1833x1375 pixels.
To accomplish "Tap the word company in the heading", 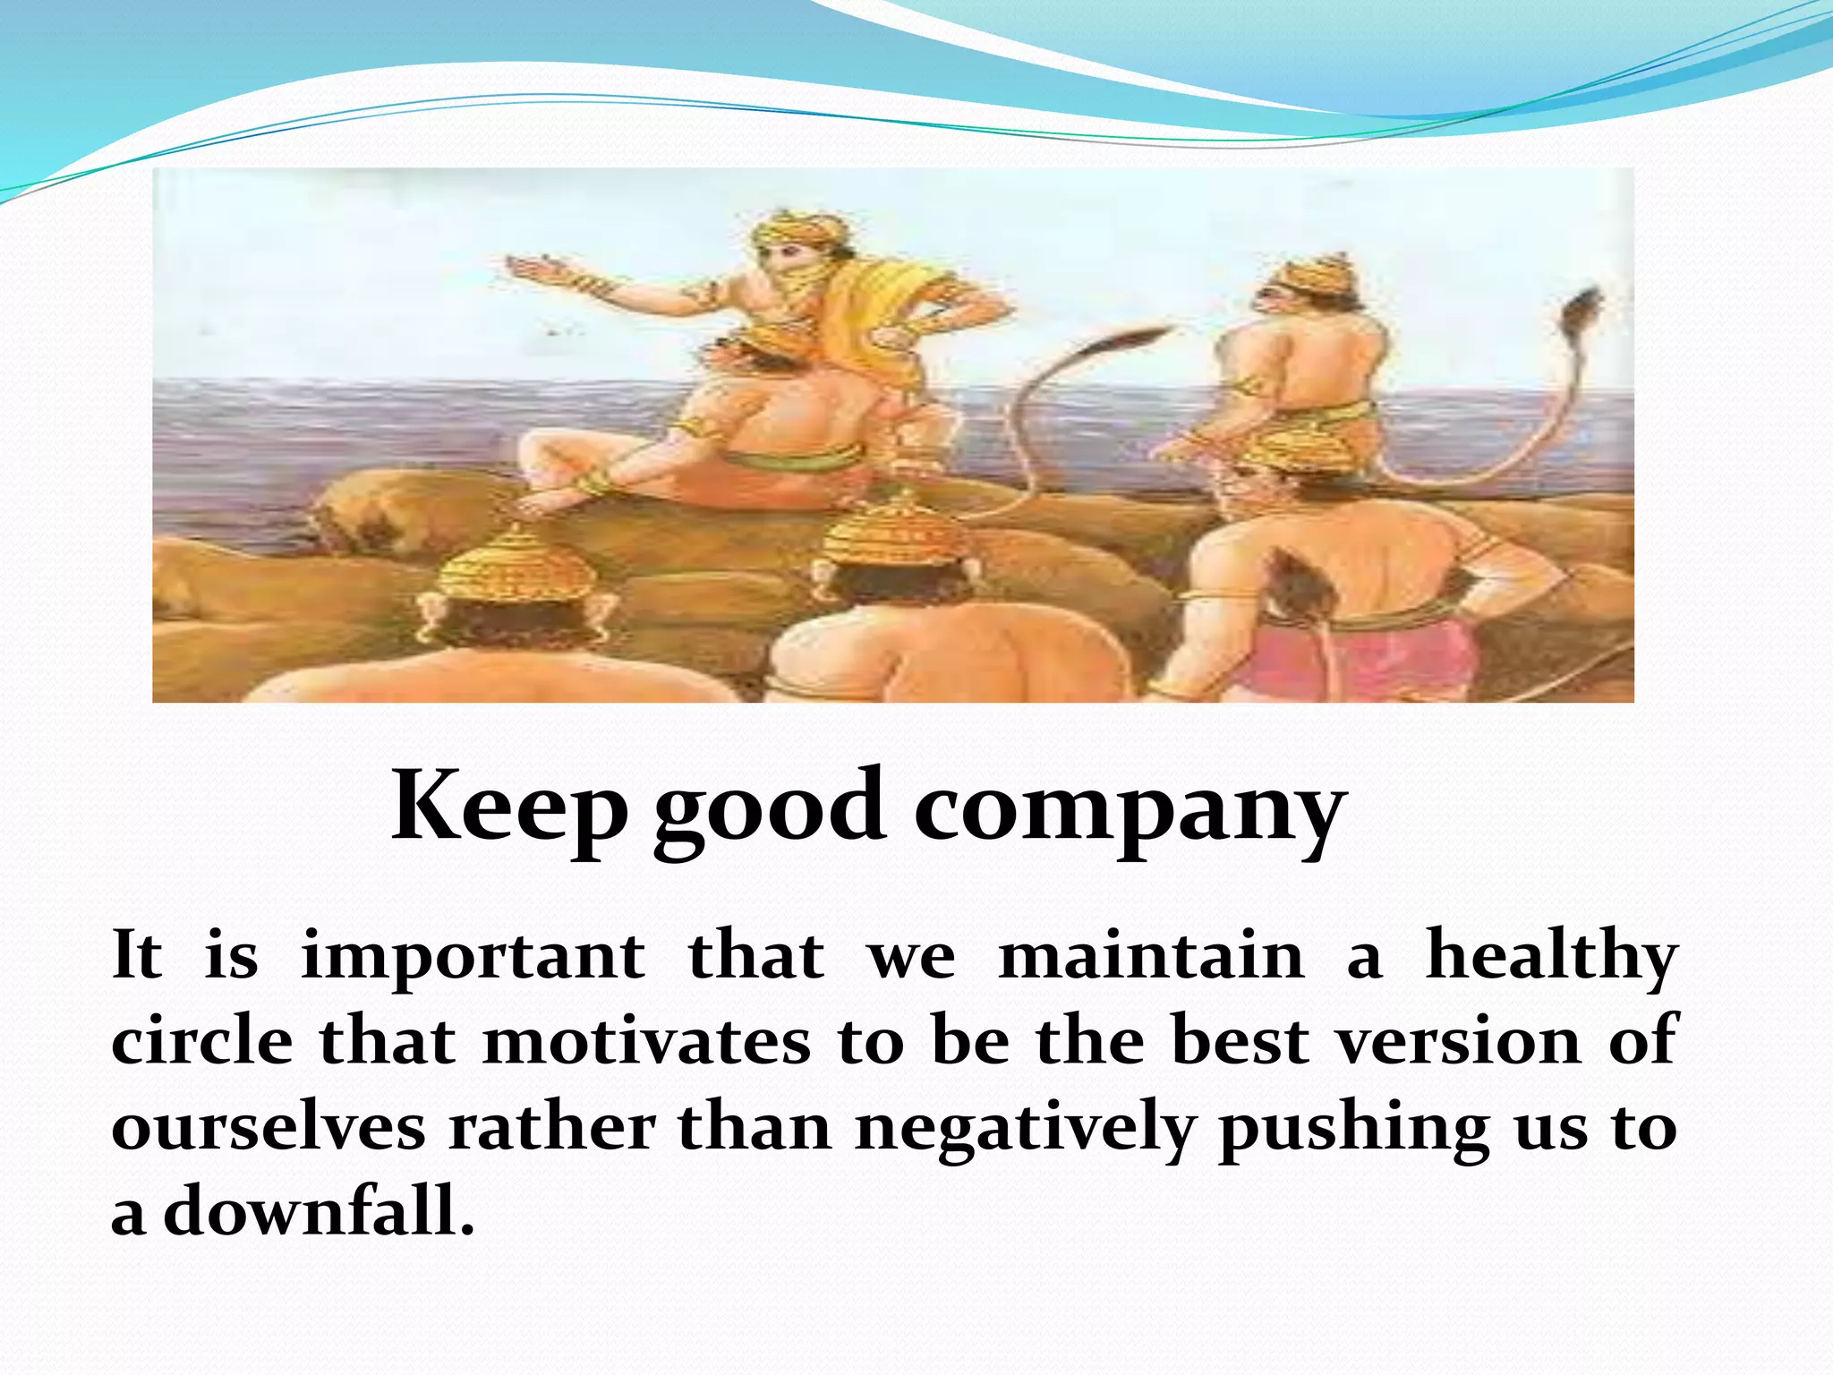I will pos(1130,807).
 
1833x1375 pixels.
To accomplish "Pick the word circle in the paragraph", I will pos(202,1042).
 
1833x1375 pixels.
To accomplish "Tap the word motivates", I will pos(646,1042).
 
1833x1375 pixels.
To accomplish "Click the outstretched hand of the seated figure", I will pos(537,267).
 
